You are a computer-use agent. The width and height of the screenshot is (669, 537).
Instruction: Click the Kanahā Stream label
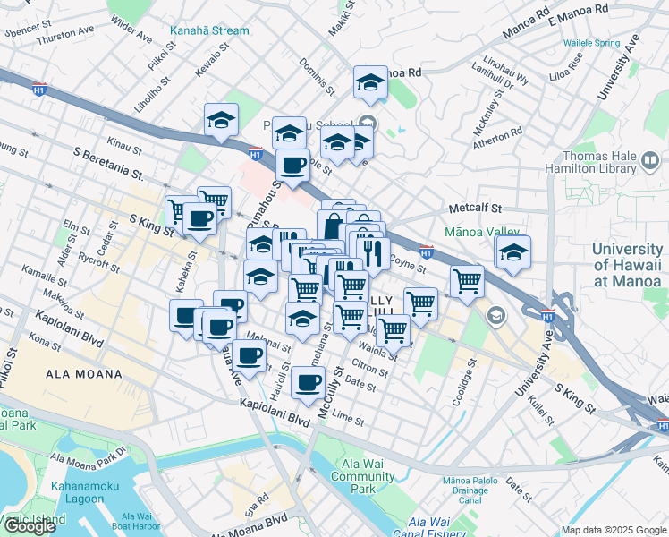point(209,30)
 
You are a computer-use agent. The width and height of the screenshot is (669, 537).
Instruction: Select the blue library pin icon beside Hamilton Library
point(650,163)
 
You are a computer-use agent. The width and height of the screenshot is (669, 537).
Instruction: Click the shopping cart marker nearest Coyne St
point(467,281)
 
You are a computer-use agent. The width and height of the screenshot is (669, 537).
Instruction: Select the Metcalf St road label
point(472,209)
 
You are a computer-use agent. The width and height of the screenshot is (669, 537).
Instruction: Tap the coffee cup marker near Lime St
point(308,382)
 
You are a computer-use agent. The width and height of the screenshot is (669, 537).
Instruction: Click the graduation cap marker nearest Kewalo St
point(221,121)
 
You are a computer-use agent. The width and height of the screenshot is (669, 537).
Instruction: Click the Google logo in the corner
point(30,526)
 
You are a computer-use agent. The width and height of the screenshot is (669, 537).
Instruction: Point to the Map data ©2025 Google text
point(613,530)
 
